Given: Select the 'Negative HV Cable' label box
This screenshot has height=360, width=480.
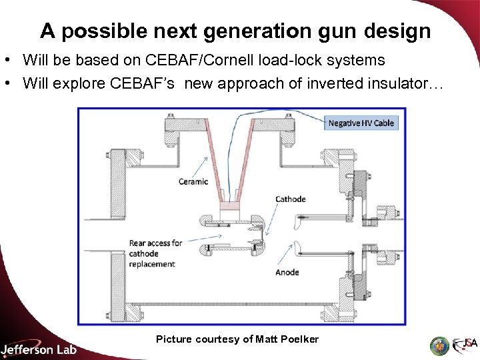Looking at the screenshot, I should [x=361, y=123].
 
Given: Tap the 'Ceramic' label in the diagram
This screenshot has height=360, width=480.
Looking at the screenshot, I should [x=193, y=181].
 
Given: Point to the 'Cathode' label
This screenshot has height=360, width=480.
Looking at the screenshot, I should [x=290, y=199].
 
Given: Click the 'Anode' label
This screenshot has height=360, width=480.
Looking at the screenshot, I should [x=287, y=272].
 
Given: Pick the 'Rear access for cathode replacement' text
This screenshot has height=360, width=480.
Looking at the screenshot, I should [x=155, y=253].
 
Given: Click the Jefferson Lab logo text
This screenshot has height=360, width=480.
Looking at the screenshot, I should [x=39, y=349].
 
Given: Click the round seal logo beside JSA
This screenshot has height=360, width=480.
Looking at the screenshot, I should [x=439, y=345].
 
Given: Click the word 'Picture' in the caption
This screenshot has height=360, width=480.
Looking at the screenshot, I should [x=174, y=339].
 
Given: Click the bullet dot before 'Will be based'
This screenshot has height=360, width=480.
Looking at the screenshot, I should [x=8, y=60].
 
